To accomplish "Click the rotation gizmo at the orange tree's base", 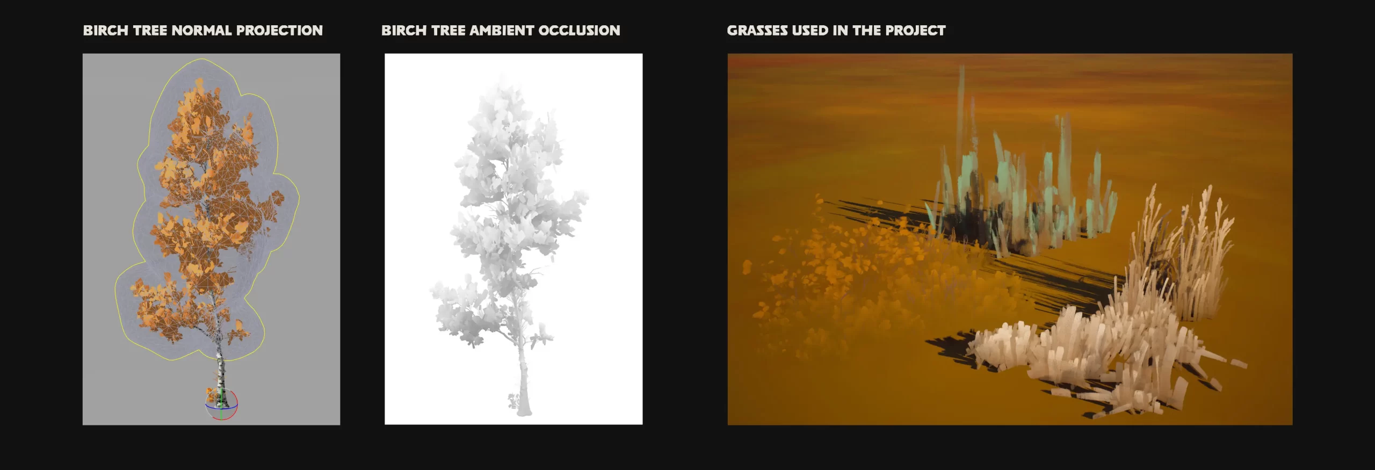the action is click(221, 404).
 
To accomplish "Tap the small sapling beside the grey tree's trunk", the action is click(513, 400).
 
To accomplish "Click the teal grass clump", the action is click(1021, 199).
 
